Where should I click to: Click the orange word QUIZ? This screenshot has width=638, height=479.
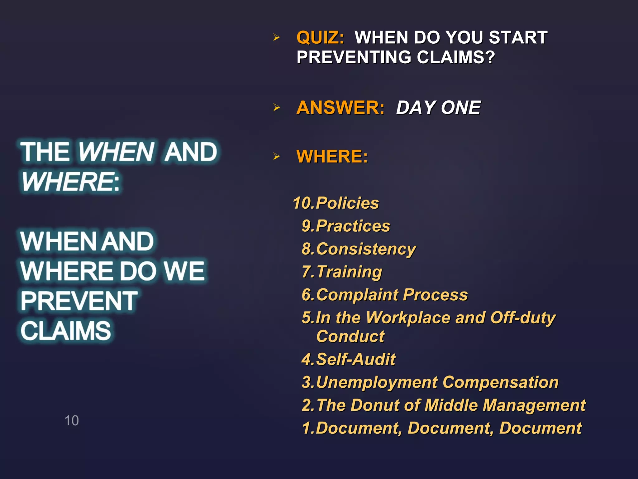[320, 38]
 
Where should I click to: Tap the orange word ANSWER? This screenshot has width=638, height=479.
[340, 108]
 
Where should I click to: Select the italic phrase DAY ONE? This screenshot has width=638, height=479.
[438, 108]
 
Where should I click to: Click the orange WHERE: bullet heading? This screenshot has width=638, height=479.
[332, 157]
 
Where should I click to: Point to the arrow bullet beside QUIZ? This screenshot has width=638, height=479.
[276, 38]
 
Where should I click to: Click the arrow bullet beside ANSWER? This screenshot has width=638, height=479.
[276, 108]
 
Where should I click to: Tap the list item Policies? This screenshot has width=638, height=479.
[347, 203]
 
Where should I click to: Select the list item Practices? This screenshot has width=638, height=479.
[353, 226]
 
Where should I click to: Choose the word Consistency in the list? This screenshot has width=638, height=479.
[366, 249]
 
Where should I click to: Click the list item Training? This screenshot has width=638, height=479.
[349, 272]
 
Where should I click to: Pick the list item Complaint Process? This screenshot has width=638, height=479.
[392, 295]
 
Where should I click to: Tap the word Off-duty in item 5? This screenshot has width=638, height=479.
[523, 318]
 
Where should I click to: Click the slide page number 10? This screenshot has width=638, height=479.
[72, 421]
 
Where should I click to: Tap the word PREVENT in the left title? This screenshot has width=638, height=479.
[79, 301]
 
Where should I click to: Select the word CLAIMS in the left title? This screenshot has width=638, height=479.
[66, 331]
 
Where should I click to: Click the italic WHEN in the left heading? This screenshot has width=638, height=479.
[116, 152]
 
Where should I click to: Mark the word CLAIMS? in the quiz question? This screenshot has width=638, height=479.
[456, 57]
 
